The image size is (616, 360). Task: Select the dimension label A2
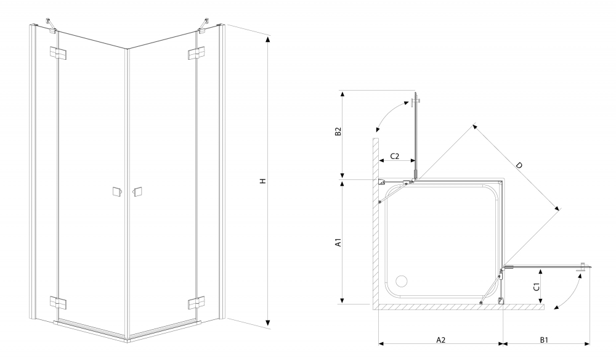440,340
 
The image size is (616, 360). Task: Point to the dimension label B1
546,340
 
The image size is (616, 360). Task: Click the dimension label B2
338,133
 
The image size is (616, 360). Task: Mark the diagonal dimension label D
519,166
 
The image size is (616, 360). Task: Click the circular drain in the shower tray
401,282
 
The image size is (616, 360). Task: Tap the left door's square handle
115,192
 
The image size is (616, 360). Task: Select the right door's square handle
137,192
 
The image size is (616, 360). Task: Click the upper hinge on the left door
58,54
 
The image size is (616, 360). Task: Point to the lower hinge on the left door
59,303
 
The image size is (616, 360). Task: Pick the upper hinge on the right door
196,54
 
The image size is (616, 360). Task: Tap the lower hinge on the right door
196,303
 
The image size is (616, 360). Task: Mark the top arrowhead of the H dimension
268,40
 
